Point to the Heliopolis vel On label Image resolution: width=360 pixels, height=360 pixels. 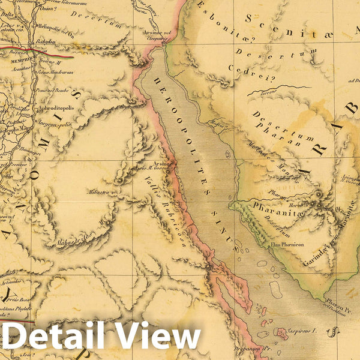click(x=56, y=28)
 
